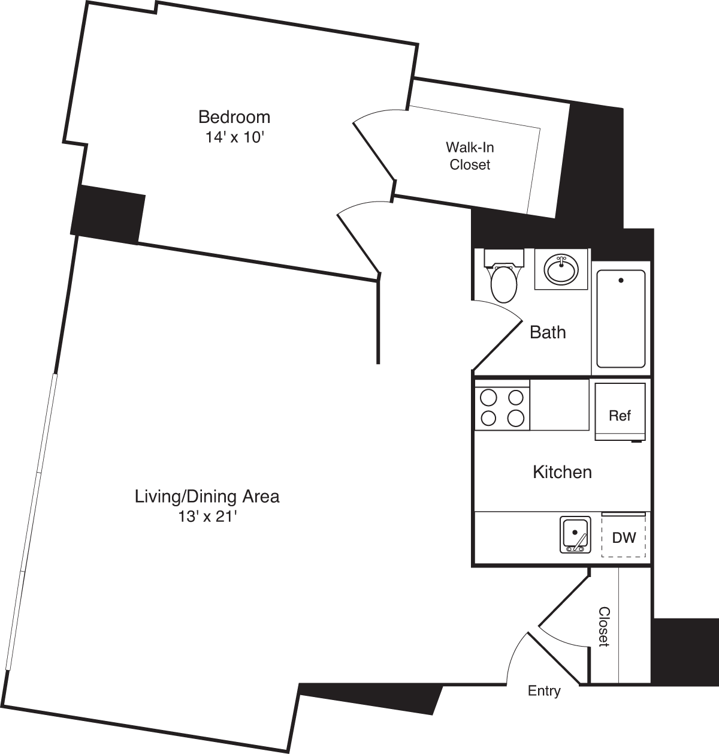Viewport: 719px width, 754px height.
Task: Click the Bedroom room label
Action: coord(234,116)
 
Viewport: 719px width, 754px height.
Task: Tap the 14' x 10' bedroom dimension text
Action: coord(234,137)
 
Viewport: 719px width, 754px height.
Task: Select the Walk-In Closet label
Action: coord(470,156)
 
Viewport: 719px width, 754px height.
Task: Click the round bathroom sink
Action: coord(562,269)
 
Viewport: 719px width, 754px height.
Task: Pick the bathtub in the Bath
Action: coord(621,318)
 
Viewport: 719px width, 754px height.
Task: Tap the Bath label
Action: coord(548,332)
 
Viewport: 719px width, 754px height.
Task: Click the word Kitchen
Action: coord(562,472)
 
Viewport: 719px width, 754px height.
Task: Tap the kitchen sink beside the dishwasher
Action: coord(575,534)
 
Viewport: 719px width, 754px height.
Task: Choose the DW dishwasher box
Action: coord(624,536)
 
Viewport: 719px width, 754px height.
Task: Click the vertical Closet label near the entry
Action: coord(604,627)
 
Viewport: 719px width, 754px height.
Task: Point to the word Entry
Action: coord(544,691)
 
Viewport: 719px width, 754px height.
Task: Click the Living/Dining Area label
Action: coord(207,497)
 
